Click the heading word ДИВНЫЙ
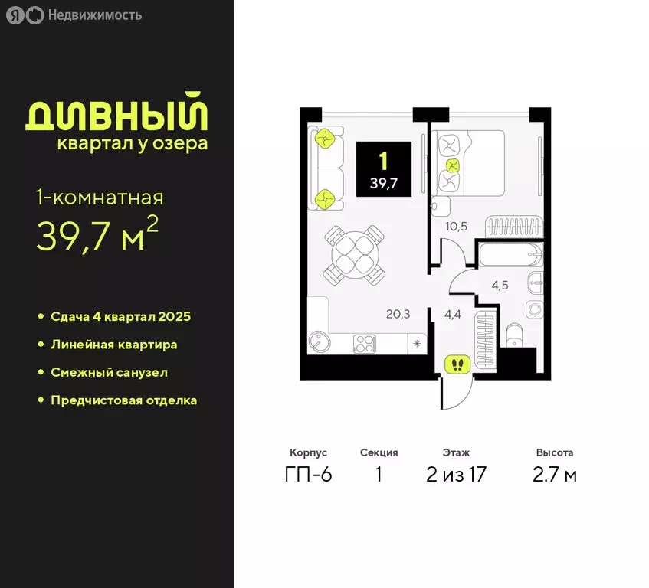coord(116,116)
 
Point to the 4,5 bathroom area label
coord(500,286)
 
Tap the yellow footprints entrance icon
coord(457,364)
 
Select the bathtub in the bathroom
coord(510,255)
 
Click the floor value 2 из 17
coord(456,475)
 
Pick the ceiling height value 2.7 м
coord(555,475)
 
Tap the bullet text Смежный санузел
coord(109,372)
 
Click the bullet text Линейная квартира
coord(113,345)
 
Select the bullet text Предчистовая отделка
coord(123,400)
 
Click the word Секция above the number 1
coord(379,452)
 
